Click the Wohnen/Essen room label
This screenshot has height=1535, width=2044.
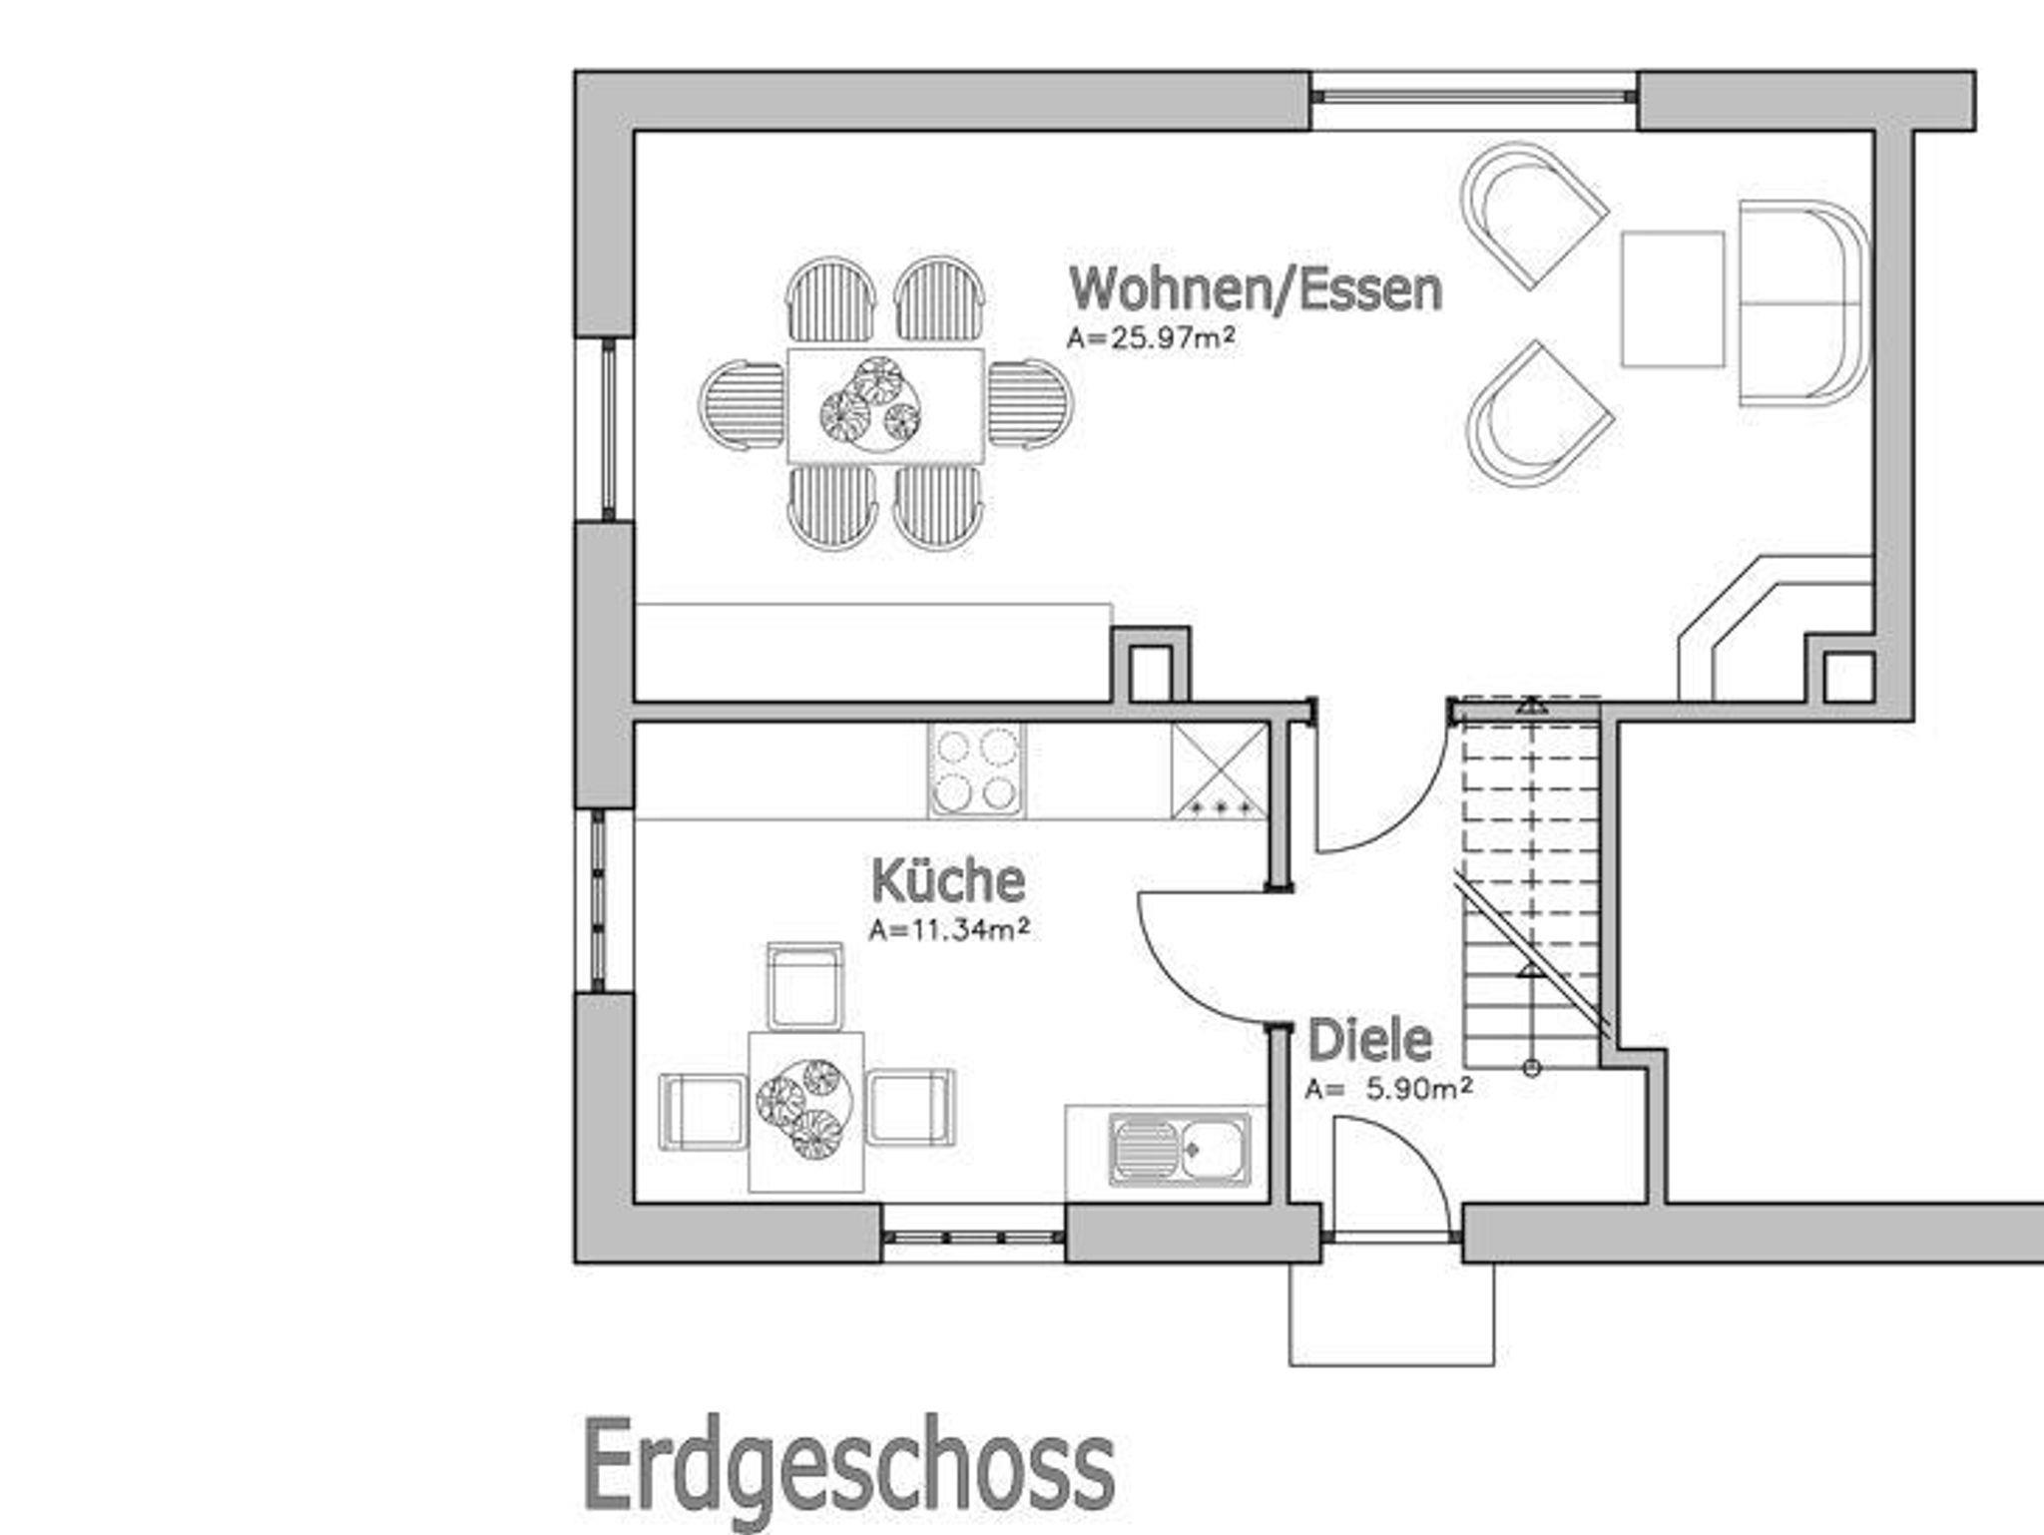[x=1256, y=289]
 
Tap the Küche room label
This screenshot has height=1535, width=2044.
[x=948, y=881]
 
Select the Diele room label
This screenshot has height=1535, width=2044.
[x=1369, y=1040]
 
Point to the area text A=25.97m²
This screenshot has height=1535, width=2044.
[x=1151, y=338]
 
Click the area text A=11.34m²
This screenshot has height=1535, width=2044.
[x=948, y=930]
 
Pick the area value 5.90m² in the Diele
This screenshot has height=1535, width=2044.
[x=1418, y=1088]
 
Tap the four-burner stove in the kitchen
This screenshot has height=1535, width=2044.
[x=976, y=770]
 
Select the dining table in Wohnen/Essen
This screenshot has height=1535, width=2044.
[x=885, y=404]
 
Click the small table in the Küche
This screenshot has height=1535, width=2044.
[x=806, y=1112]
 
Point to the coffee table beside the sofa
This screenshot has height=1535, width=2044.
[x=1673, y=299]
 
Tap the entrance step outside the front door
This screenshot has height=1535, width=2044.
[x=1392, y=1313]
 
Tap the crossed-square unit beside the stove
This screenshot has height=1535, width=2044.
[x=1220, y=770]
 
